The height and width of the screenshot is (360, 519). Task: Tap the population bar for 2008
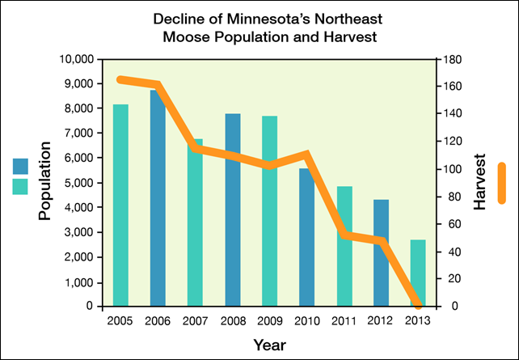[233, 210]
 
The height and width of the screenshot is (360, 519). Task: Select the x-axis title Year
[269, 345]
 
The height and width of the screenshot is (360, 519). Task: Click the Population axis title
[45, 181]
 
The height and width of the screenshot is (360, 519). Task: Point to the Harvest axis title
[479, 182]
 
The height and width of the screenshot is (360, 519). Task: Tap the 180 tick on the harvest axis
[453, 59]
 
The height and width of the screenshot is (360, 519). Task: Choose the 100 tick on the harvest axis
[453, 169]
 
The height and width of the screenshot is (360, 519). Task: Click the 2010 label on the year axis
[306, 321]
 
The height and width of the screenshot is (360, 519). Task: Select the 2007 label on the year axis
[195, 321]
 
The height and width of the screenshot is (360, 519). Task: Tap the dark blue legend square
[20, 166]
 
